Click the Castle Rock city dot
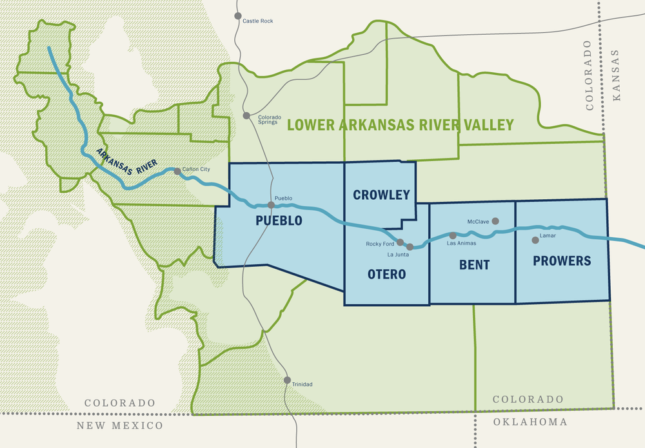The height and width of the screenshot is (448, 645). click(238, 15)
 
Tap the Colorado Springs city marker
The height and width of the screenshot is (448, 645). click(246, 116)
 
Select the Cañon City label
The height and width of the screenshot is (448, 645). click(197, 169)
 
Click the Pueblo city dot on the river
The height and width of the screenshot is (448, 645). click(271, 205)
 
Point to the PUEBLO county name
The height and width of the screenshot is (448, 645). click(279, 220)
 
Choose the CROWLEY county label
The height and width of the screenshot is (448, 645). click(381, 195)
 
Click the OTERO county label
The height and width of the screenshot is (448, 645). click(386, 275)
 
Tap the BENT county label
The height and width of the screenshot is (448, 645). click(474, 265)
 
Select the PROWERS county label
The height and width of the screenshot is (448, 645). click(562, 261)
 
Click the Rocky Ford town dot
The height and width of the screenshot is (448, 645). click(400, 242)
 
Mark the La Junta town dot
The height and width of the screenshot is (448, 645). click(410, 247)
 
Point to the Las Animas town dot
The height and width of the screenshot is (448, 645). click(453, 235)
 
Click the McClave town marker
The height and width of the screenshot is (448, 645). click(495, 221)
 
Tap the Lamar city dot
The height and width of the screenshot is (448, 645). click(535, 240)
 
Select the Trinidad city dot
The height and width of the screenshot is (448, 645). click(287, 380)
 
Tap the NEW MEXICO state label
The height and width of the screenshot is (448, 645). click(120, 425)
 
